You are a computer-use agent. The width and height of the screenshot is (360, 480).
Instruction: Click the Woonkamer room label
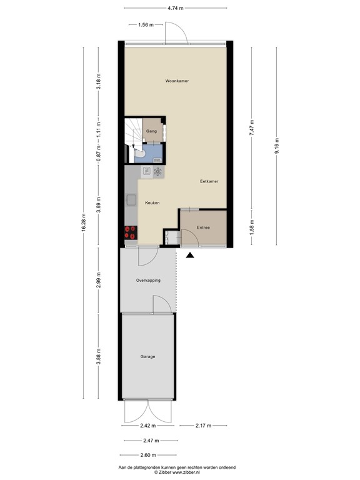tap(177, 82)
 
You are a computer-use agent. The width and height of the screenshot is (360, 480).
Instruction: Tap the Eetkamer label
tap(209, 181)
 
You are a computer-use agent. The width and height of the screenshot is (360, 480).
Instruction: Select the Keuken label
tap(152, 203)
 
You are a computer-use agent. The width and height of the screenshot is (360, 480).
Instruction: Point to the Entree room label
tap(203, 228)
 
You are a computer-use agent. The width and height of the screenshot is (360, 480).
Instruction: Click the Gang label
tap(151, 131)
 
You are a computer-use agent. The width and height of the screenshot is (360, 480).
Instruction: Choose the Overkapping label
tap(149, 281)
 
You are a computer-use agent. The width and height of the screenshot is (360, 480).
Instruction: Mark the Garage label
tap(147, 356)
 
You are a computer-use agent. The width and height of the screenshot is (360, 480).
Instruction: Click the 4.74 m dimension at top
tap(176, 8)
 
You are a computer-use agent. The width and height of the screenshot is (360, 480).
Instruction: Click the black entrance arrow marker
tap(190, 254)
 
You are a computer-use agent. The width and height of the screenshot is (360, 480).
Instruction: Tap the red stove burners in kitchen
tap(131, 232)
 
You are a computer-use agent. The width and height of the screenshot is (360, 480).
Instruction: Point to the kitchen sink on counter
tap(131, 199)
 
